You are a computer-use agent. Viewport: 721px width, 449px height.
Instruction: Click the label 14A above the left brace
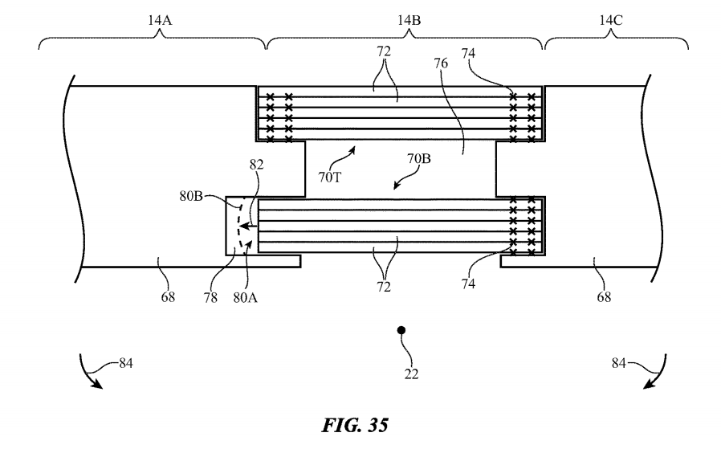[160, 20]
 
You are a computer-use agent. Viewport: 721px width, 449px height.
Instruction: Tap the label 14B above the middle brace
[409, 20]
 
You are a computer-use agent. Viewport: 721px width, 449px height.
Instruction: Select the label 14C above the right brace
[611, 20]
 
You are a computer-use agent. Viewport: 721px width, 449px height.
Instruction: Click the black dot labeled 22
[401, 330]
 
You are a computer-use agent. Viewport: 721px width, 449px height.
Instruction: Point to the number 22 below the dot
[412, 374]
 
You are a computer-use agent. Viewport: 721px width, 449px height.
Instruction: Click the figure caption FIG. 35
[355, 425]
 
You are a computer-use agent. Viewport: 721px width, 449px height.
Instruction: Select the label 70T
[330, 178]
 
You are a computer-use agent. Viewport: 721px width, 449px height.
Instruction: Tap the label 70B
[419, 159]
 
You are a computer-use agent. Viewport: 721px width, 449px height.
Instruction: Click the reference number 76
[441, 63]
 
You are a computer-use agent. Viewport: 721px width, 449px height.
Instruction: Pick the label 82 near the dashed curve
[257, 165]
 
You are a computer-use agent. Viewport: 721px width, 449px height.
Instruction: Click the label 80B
[191, 197]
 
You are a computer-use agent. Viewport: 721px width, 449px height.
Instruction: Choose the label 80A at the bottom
[245, 298]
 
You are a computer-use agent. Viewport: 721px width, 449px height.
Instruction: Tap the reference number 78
[210, 298]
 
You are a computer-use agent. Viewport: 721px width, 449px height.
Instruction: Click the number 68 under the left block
[168, 297]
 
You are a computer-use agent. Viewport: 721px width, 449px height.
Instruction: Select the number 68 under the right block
[604, 297]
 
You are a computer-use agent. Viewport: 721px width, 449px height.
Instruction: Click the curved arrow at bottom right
[658, 373]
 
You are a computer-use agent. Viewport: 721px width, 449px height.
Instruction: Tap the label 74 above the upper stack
[468, 53]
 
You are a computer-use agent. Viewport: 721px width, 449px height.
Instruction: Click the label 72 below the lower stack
[384, 287]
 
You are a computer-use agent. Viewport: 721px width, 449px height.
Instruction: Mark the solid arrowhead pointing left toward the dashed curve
[244, 226]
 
